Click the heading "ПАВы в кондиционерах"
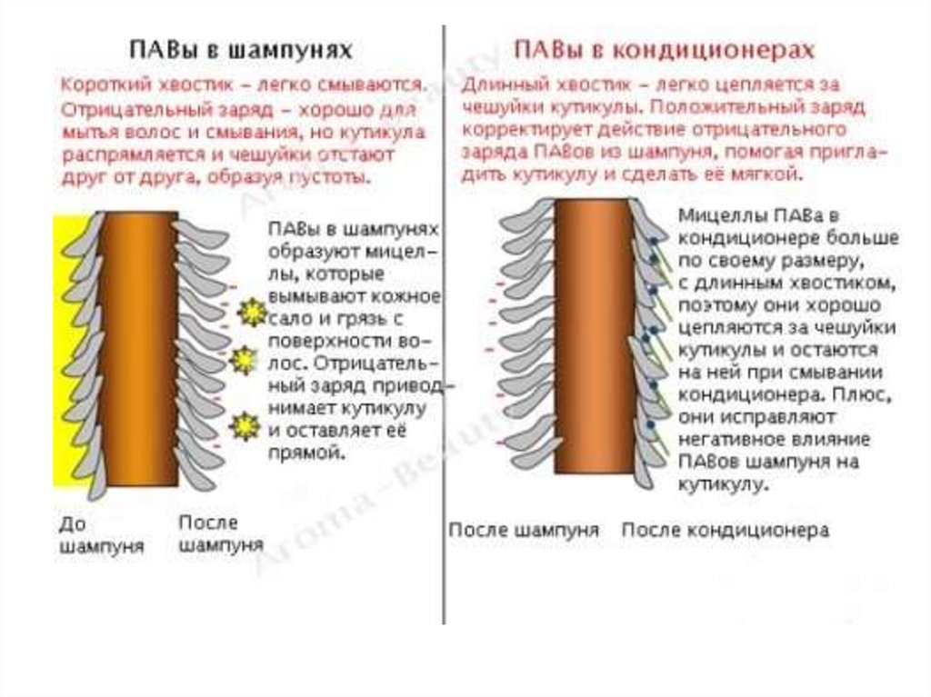coord(664,49)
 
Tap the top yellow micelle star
coord(248,313)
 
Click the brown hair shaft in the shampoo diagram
coord(136,345)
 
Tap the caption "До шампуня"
coord(101,535)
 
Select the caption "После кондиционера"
coord(725,530)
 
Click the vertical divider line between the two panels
coord(444,363)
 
